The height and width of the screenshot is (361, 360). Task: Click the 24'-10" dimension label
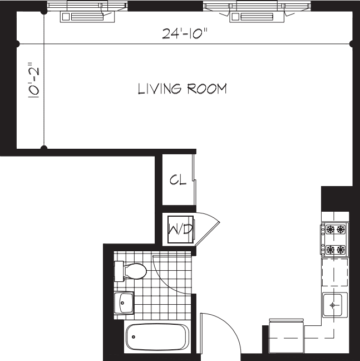184,34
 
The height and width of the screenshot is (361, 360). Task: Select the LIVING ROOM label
182,89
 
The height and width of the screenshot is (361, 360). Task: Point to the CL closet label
177,180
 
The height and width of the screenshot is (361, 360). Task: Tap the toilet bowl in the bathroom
136,271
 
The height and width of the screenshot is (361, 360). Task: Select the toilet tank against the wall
119,271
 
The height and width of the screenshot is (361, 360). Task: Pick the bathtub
157,336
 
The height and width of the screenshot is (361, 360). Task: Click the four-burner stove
334,239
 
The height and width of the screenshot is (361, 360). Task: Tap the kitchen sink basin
334,305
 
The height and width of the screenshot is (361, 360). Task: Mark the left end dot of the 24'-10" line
17,43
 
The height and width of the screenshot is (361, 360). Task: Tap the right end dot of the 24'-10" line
352,43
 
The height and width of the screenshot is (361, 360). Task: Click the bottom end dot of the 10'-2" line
45,148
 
